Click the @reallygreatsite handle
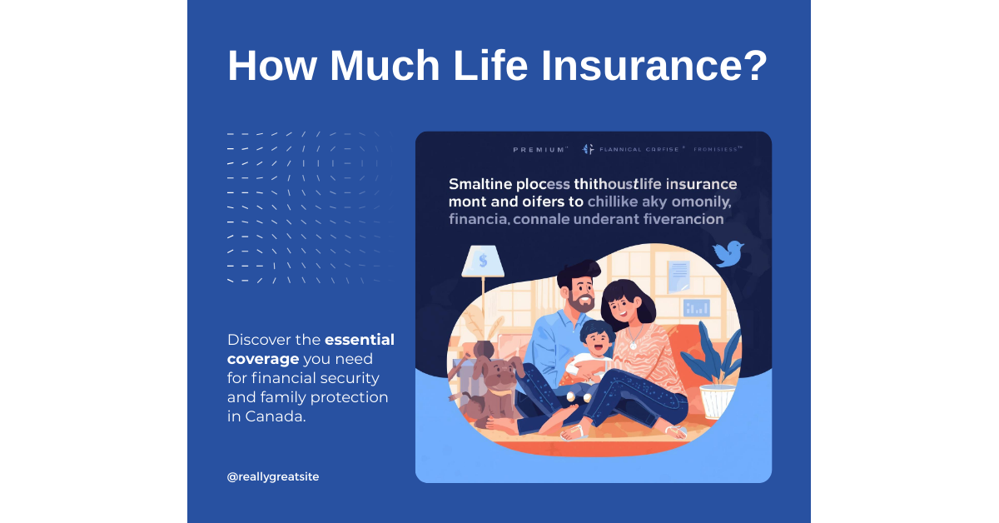click(x=272, y=476)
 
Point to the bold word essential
click(x=359, y=340)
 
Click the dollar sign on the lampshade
click(x=483, y=261)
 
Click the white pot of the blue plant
click(x=717, y=401)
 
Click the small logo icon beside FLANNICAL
click(x=588, y=149)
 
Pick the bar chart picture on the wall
click(x=696, y=307)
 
